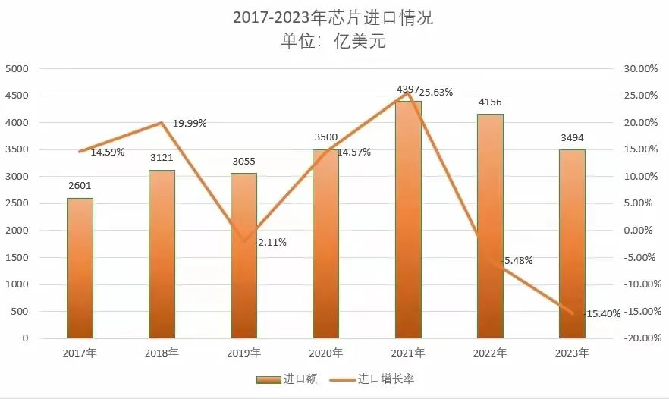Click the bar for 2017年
80,269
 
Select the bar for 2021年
408,220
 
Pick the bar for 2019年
243,256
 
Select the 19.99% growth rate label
190,123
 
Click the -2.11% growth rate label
271,243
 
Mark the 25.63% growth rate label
436,93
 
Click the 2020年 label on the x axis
326,353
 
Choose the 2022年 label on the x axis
490,353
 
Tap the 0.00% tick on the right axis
641,231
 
